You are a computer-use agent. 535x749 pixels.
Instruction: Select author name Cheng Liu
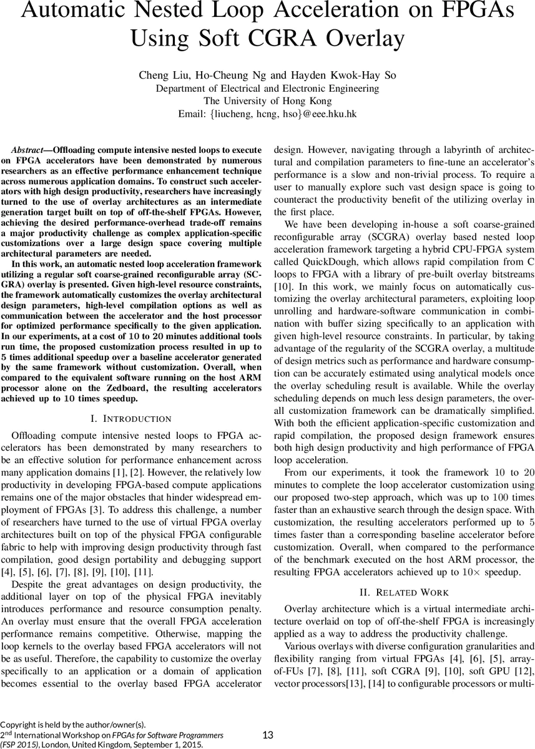pyautogui.click(x=162, y=76)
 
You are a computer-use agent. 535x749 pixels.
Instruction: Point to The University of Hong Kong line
pyautogui.click(x=267, y=100)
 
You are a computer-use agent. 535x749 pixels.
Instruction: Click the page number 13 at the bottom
pyautogui.click(x=267, y=735)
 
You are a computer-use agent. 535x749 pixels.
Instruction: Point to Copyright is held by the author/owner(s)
pyautogui.click(x=73, y=725)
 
